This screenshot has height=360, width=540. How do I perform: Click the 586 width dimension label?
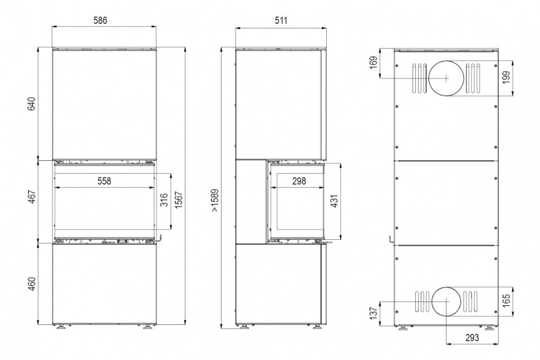click(x=100, y=20)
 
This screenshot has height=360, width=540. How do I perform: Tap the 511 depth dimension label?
click(x=281, y=20)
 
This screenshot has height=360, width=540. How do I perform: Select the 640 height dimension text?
click(x=32, y=104)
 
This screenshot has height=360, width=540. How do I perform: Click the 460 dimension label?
click(x=32, y=284)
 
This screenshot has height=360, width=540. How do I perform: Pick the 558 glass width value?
click(x=104, y=181)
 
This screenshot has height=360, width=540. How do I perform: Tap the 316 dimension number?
click(x=164, y=200)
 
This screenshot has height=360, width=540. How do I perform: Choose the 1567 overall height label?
click(x=179, y=200)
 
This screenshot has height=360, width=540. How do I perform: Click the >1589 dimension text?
click(x=215, y=200)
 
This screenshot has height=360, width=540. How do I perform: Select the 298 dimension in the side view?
click(x=299, y=181)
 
